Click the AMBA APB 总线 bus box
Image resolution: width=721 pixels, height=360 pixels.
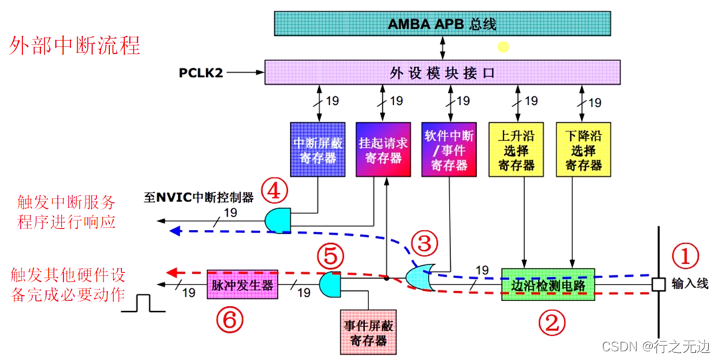pos(442,24)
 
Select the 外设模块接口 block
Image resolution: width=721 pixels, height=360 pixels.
pos(442,73)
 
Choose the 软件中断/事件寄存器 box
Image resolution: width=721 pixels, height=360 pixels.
pos(448,148)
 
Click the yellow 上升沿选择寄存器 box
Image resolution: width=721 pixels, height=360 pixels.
pos(516,148)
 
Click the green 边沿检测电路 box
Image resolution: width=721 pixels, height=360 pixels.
pos(548,283)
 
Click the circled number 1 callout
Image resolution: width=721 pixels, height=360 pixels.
pos(684,255)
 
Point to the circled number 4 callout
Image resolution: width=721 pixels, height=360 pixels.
pos(274,190)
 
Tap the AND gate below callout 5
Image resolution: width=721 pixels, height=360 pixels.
pos(330,284)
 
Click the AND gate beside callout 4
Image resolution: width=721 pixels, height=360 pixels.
pos(279,221)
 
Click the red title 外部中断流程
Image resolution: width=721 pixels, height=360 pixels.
pos(75,45)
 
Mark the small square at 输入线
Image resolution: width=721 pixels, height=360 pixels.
pos(657,284)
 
